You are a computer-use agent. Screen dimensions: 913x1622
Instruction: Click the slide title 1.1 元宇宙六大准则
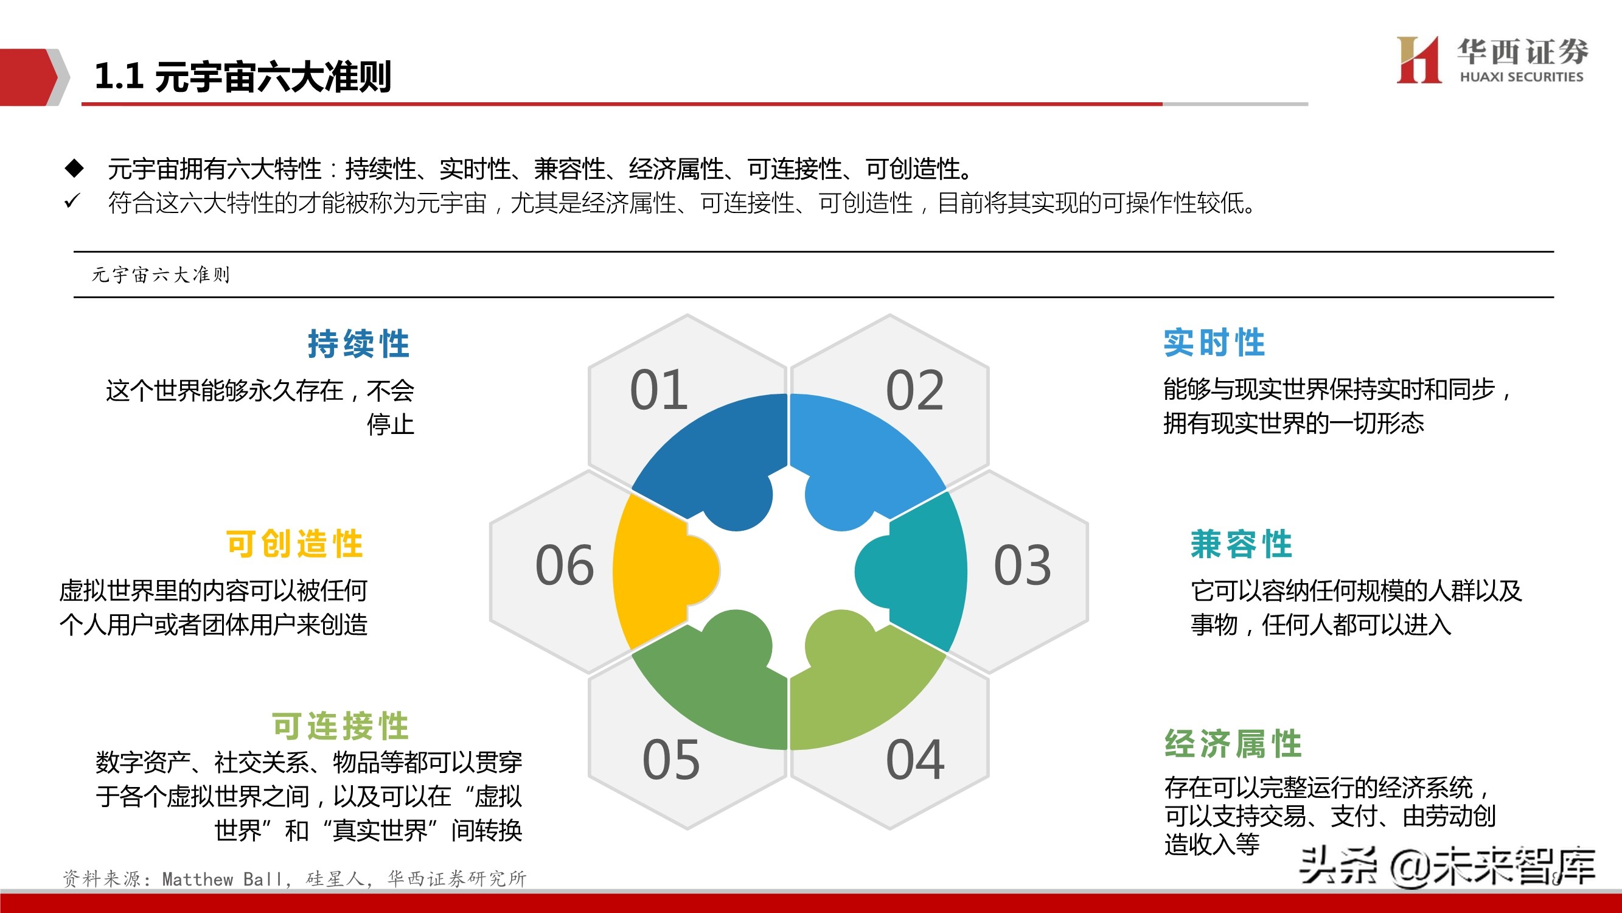coord(242,77)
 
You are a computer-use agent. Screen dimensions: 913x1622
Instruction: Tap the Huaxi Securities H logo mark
coord(1418,60)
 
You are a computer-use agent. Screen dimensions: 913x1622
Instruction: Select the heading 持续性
coord(358,344)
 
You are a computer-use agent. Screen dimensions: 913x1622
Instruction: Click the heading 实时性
coord(1213,343)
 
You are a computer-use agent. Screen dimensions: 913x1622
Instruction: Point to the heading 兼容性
coord(1241,544)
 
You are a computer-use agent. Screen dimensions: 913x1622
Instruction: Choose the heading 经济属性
coord(1232,744)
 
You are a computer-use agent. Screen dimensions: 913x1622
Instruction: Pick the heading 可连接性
coord(340,726)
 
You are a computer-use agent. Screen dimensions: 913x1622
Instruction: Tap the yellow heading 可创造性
coord(294,544)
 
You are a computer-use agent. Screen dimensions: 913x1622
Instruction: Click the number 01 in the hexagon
coord(658,390)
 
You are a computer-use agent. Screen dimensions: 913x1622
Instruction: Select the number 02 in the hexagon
coord(914,390)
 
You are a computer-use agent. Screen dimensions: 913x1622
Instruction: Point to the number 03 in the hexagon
coord(1022,565)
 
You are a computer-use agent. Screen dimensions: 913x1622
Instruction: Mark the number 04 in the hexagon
coord(914,759)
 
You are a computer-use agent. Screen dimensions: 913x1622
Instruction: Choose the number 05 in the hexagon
coord(670,759)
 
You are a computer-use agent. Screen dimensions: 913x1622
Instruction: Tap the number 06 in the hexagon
coord(564,565)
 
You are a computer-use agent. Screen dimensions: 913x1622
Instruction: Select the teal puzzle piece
coord(919,570)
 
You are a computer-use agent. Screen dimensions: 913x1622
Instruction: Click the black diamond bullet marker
coord(74,167)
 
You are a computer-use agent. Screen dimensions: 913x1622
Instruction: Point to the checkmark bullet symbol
coord(72,201)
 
